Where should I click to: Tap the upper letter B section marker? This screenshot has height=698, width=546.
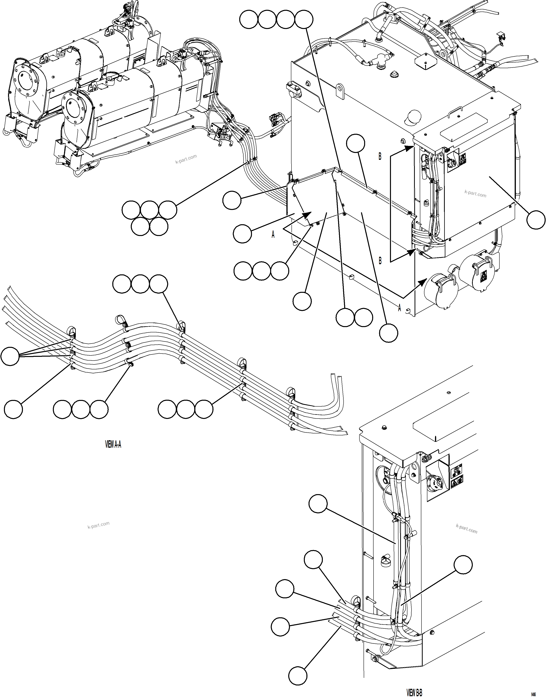380,157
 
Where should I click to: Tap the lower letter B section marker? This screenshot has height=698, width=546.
380,261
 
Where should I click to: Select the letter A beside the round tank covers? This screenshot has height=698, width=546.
399,308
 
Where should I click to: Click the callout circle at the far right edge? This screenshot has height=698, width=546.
536,220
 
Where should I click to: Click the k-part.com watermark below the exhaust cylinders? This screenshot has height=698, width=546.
186,159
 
